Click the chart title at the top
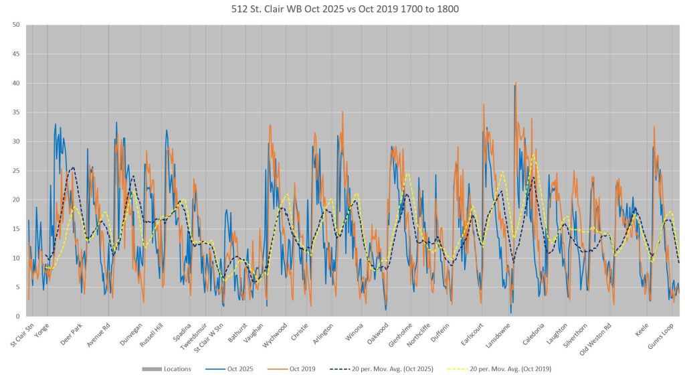[342, 9]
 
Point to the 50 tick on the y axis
[15, 25]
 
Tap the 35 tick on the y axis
[15, 112]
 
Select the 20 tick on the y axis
[15, 200]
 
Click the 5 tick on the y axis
[16, 287]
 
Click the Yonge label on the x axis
[41, 332]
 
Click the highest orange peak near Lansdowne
[515, 84]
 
